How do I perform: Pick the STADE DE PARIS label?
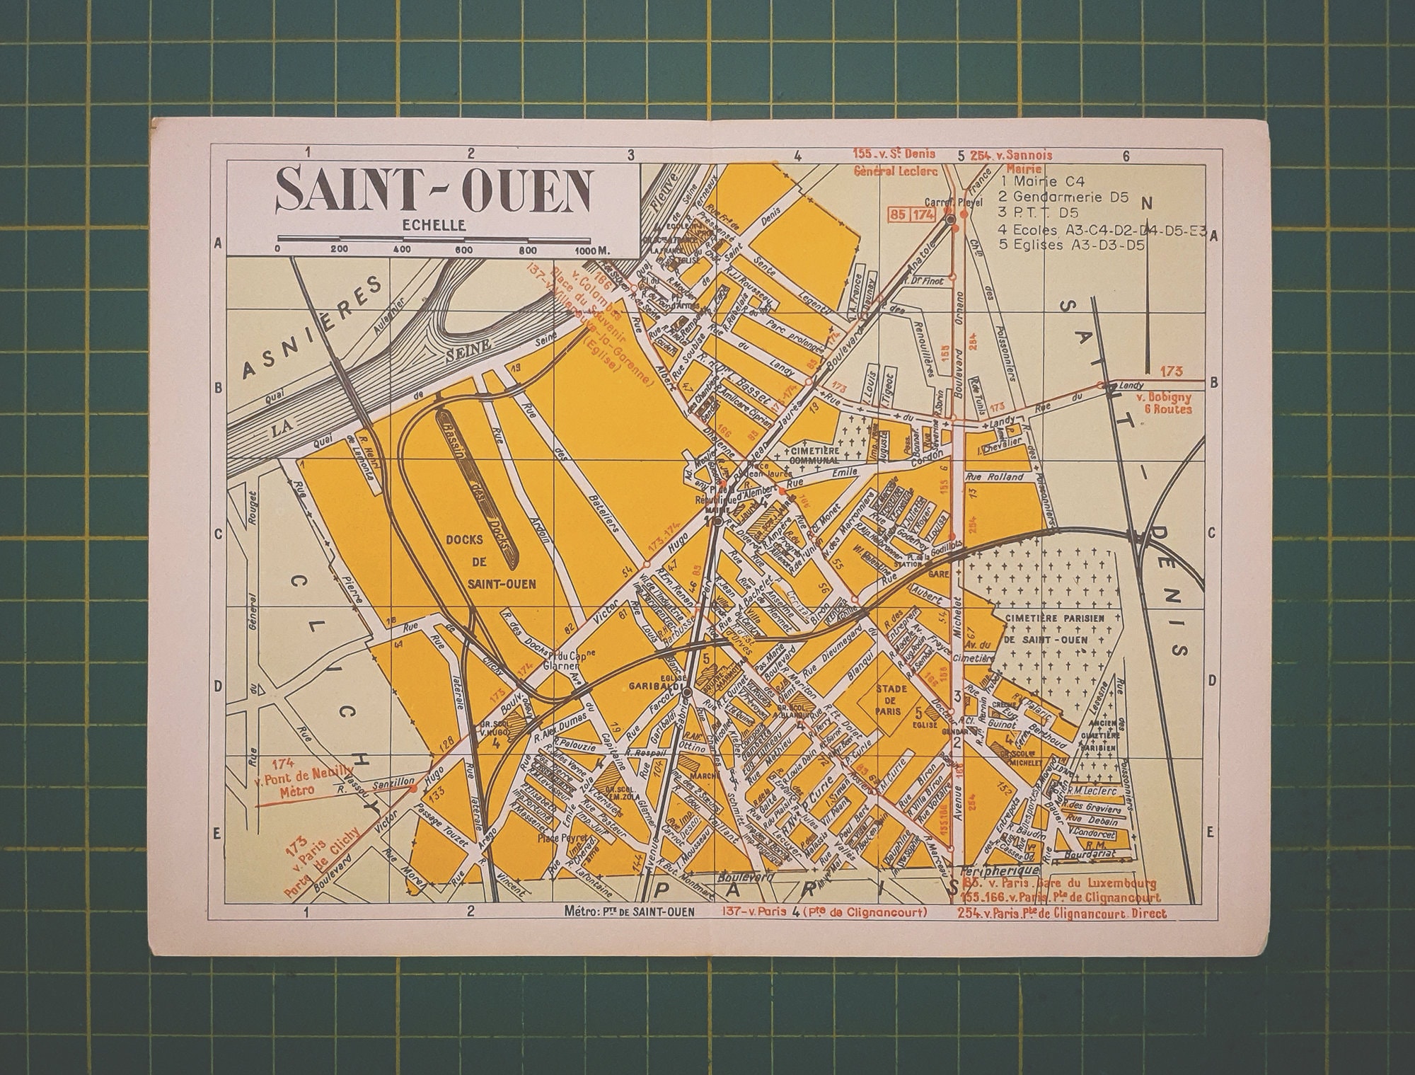(890, 699)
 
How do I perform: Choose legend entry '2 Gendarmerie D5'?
(1057, 197)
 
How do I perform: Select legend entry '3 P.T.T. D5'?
(1035, 214)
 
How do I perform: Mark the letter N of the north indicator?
(1147, 204)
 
